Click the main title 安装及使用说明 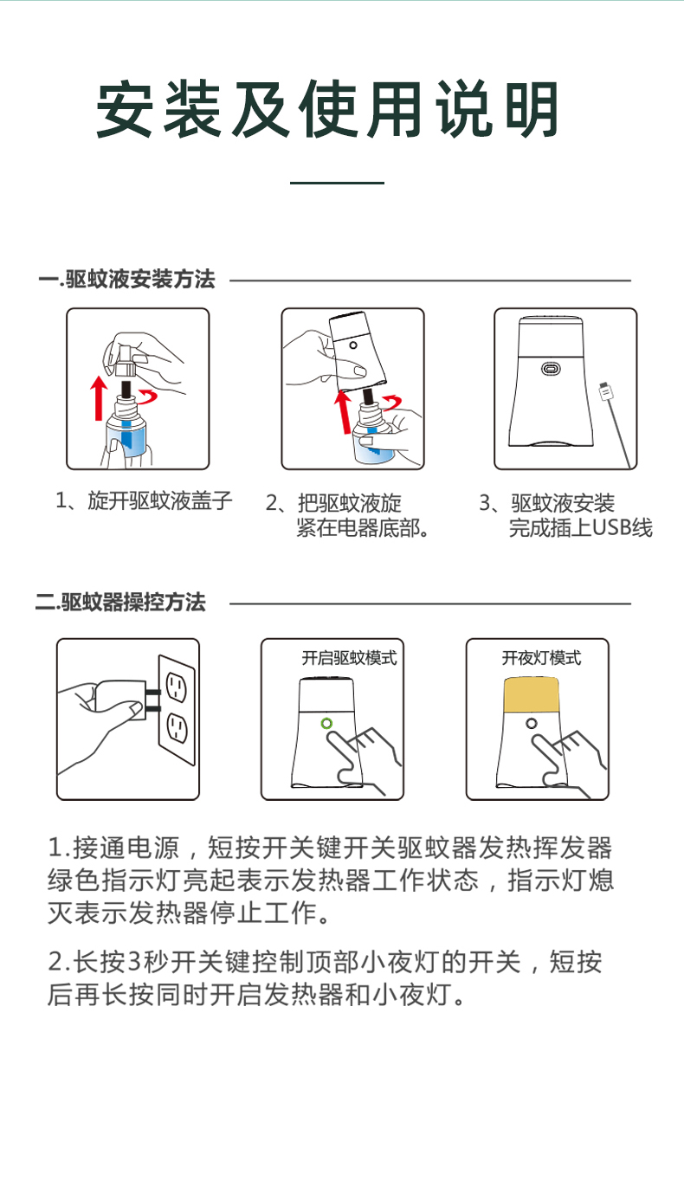(327, 110)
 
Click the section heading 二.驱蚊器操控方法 (121, 603)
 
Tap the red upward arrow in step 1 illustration (99, 397)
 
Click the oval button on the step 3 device (550, 369)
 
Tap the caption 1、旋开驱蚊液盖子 (144, 501)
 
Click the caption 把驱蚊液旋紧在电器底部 (355, 516)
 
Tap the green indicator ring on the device (326, 723)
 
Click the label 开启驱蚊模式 (349, 658)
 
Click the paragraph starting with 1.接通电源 (330, 879)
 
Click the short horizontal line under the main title (337, 184)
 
